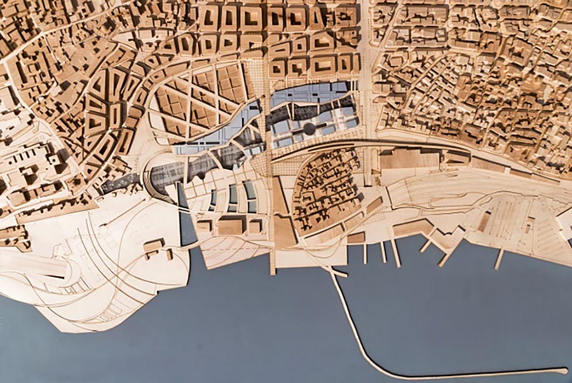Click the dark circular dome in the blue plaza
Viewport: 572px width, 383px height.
point(310,129)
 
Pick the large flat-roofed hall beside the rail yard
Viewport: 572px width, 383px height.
point(410,158)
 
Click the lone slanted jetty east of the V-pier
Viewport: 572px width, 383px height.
point(500,258)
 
